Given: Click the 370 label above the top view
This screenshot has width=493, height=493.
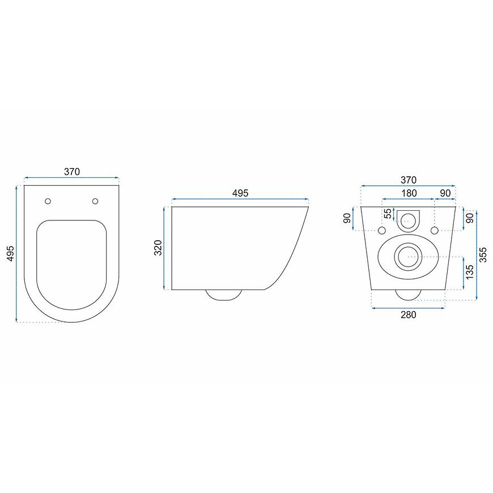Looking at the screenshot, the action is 72,172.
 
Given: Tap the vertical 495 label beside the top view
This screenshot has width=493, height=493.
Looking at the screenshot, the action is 10,253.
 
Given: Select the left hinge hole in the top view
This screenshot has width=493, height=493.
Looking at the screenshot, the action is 48,201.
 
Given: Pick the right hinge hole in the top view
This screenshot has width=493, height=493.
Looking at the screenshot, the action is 95,201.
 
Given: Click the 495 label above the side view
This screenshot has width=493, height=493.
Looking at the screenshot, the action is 240,193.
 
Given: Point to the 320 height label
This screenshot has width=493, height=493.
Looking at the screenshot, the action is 158,248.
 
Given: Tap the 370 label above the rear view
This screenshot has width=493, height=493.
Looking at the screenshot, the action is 409,180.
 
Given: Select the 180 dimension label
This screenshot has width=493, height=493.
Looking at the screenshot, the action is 409,193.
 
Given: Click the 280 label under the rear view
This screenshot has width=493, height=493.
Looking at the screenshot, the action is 409,314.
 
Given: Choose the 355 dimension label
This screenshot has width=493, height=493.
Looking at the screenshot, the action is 483,254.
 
